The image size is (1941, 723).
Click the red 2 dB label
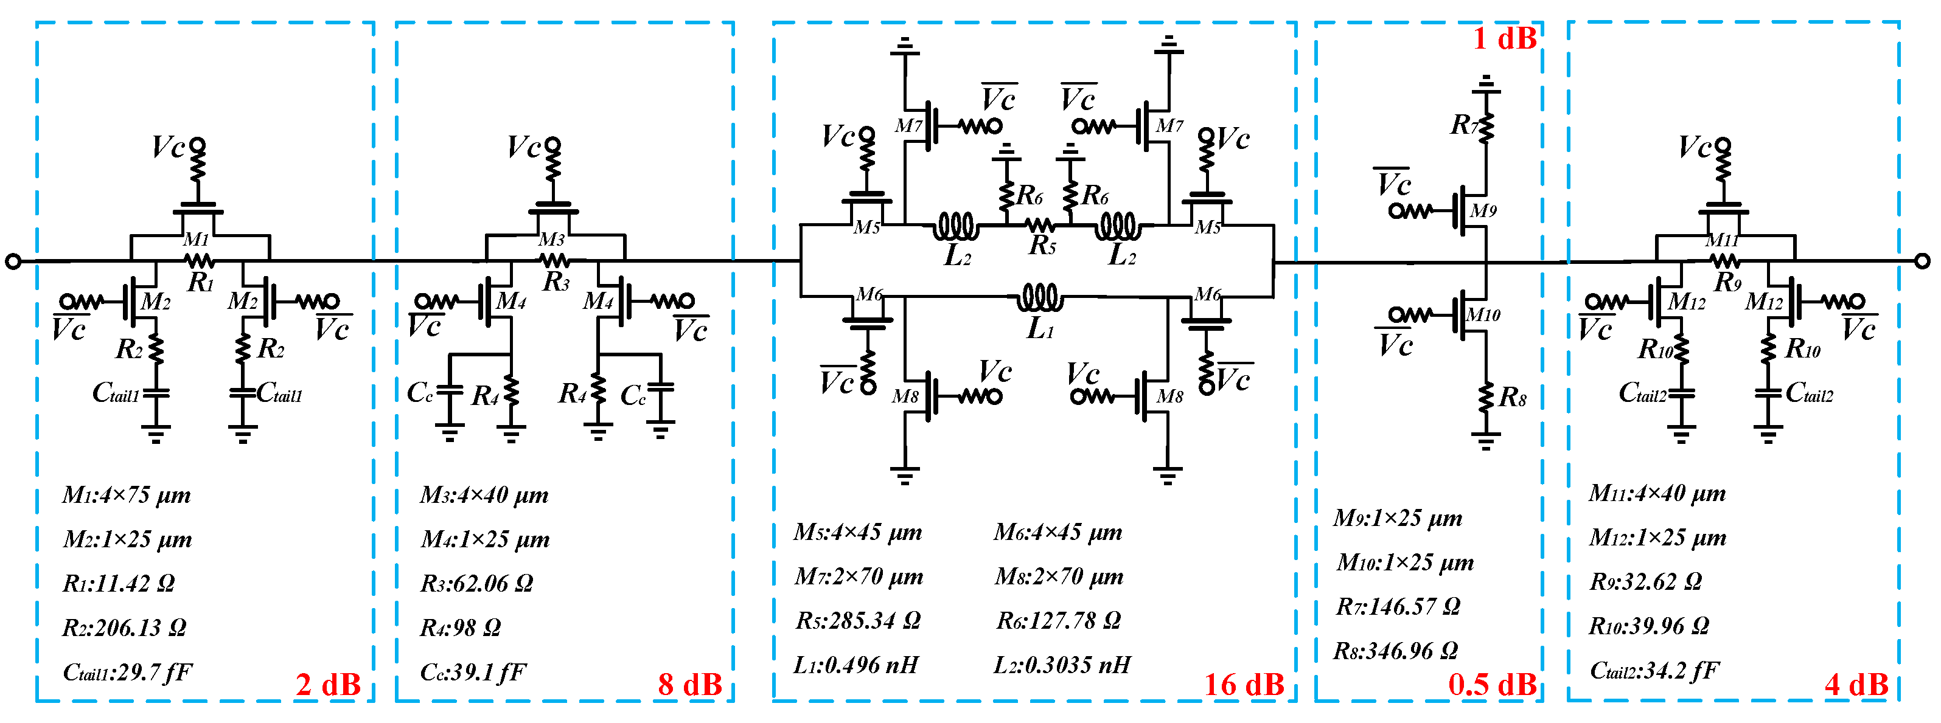pos(328,685)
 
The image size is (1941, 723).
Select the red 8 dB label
pos(689,685)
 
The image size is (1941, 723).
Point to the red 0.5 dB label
pos(1492,685)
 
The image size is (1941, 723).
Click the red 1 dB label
pos(1504,38)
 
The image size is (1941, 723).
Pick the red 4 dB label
pos(1856,685)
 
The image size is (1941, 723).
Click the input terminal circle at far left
pos(13,261)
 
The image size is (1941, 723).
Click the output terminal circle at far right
pos(1922,261)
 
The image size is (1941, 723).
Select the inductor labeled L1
pos(1040,298)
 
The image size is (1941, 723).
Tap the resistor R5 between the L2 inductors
pos(1040,224)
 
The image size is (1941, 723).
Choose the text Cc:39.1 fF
pos(472,671)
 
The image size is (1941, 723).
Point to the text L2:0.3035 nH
pos(1062,664)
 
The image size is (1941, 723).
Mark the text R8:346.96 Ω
pos(1395,650)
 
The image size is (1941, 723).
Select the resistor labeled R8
pos(1486,397)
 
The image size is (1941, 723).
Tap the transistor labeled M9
pos(1466,211)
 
